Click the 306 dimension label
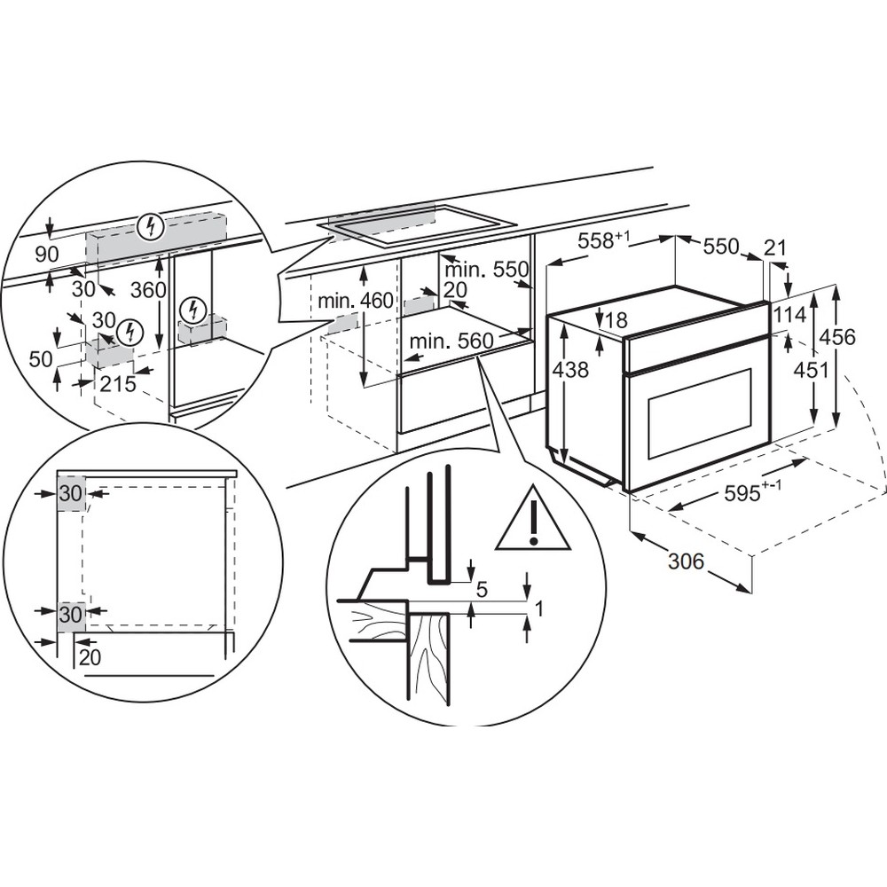(x=685, y=561)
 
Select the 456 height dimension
(x=836, y=338)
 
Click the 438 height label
(x=569, y=370)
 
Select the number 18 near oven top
(x=618, y=320)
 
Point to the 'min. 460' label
(x=355, y=300)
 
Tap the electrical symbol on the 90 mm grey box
(x=153, y=227)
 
